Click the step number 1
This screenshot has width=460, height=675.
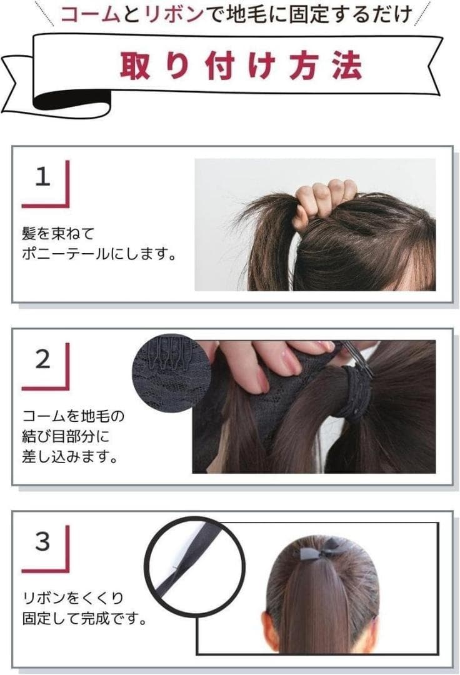[42, 176]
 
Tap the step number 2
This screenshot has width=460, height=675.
[42, 359]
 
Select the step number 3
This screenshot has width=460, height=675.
[42, 541]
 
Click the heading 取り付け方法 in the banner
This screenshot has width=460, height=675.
[241, 66]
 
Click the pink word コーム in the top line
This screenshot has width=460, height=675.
[90, 14]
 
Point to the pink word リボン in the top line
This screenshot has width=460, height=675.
[174, 14]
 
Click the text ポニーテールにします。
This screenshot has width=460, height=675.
[99, 254]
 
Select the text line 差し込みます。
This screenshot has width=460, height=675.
[70, 457]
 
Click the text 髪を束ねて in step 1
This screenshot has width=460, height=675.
[58, 234]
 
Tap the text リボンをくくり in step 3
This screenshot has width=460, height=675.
[72, 598]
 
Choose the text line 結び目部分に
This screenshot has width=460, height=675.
[66, 436]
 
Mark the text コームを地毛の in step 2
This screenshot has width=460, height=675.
[73, 416]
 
